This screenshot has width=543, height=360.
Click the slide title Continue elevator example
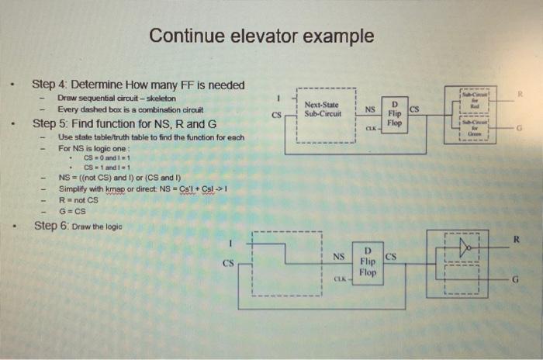[261, 36]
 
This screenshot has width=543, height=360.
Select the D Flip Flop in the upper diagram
[395, 113]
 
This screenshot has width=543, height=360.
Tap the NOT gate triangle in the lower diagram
[465, 248]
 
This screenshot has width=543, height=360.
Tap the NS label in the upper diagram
[370, 110]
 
